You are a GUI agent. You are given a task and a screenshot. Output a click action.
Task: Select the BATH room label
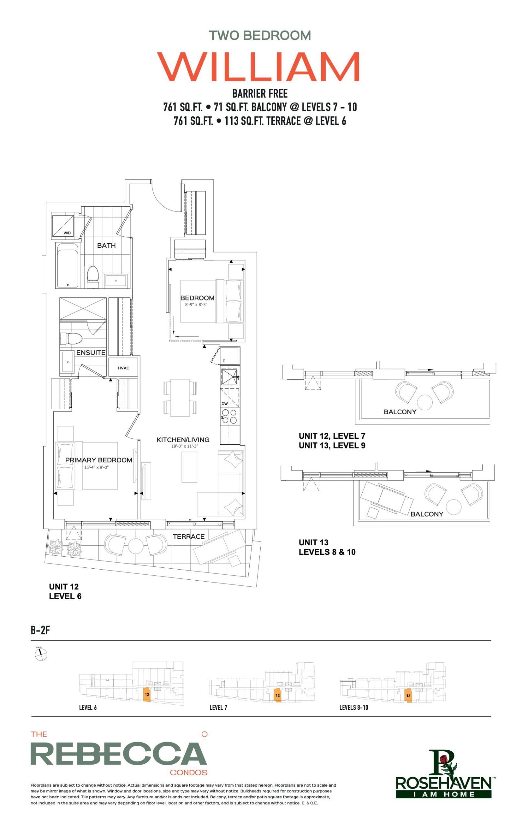tap(106, 245)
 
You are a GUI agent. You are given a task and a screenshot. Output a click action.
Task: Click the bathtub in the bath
tap(67, 265)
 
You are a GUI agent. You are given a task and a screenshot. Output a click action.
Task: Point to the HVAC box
tap(123, 368)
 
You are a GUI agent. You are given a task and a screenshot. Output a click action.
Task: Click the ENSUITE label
tap(91, 353)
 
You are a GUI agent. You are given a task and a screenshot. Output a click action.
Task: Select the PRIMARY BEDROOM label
tap(98, 460)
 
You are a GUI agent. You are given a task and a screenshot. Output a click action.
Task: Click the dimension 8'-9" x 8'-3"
tap(196, 305)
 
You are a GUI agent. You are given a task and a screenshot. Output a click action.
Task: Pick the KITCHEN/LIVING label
tap(183, 440)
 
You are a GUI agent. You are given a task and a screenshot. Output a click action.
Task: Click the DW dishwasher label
tap(224, 403)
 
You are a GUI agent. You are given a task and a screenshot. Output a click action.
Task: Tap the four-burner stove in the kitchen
tap(230, 416)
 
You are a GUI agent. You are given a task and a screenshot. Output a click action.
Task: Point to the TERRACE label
tap(188, 536)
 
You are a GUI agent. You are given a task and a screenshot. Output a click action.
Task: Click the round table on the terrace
tap(136, 546)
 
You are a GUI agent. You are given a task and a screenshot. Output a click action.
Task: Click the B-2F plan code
tap(40, 630)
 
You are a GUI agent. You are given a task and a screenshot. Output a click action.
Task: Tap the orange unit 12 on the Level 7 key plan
tap(278, 695)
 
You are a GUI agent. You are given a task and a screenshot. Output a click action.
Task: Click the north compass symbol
tap(41, 654)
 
